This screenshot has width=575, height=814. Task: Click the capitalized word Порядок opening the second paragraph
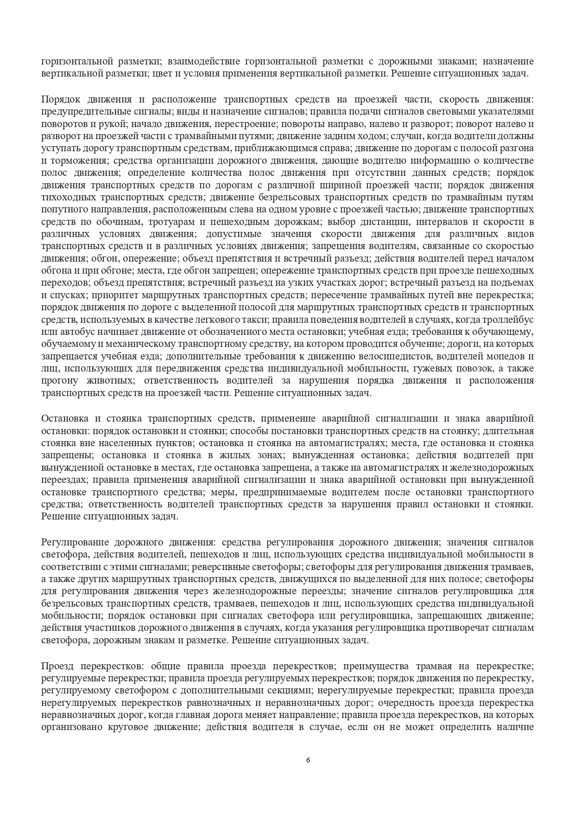59,99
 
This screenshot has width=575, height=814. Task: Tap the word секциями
292,691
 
